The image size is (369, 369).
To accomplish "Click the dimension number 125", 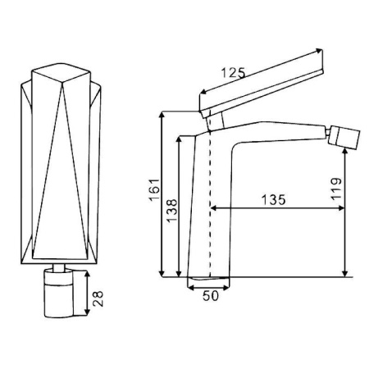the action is coord(234,72).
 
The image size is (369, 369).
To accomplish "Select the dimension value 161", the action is coord(154,189).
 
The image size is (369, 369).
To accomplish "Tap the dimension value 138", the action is coord(172,211).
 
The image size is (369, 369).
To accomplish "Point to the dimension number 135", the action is coord(273,200).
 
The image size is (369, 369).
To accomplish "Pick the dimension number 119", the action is coord(336,189).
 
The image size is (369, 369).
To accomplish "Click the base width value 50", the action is coord(211,296).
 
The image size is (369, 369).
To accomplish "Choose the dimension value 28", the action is coord(98,298).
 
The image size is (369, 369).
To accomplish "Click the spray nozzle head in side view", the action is coord(344,138).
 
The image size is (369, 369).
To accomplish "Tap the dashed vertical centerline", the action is coord(210,196).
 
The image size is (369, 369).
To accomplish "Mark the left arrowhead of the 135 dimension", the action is coord(214,208).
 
